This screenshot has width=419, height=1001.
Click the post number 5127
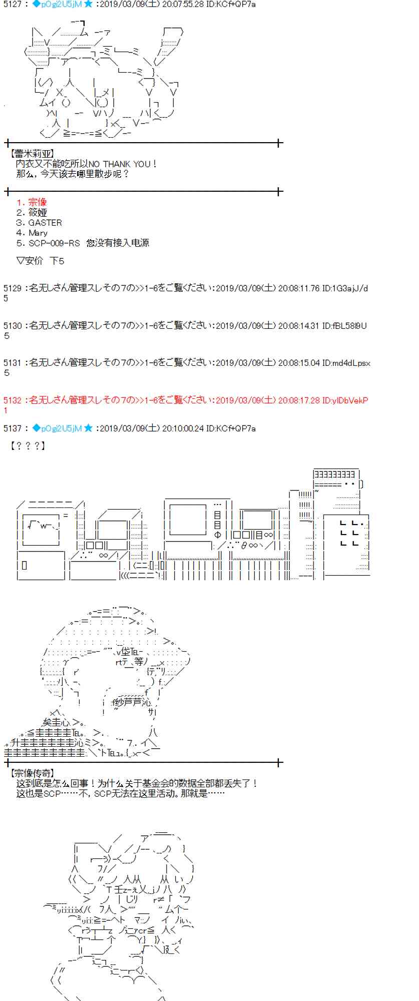13,4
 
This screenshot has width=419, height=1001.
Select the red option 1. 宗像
32,202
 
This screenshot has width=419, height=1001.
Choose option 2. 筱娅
32,213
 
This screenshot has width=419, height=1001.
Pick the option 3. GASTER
39,223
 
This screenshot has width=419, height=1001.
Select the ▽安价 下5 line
40,261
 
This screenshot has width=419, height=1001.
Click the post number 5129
13,288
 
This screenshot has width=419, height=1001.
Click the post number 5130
13,326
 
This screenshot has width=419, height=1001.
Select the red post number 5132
13,400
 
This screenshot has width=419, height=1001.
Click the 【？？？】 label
28,445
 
